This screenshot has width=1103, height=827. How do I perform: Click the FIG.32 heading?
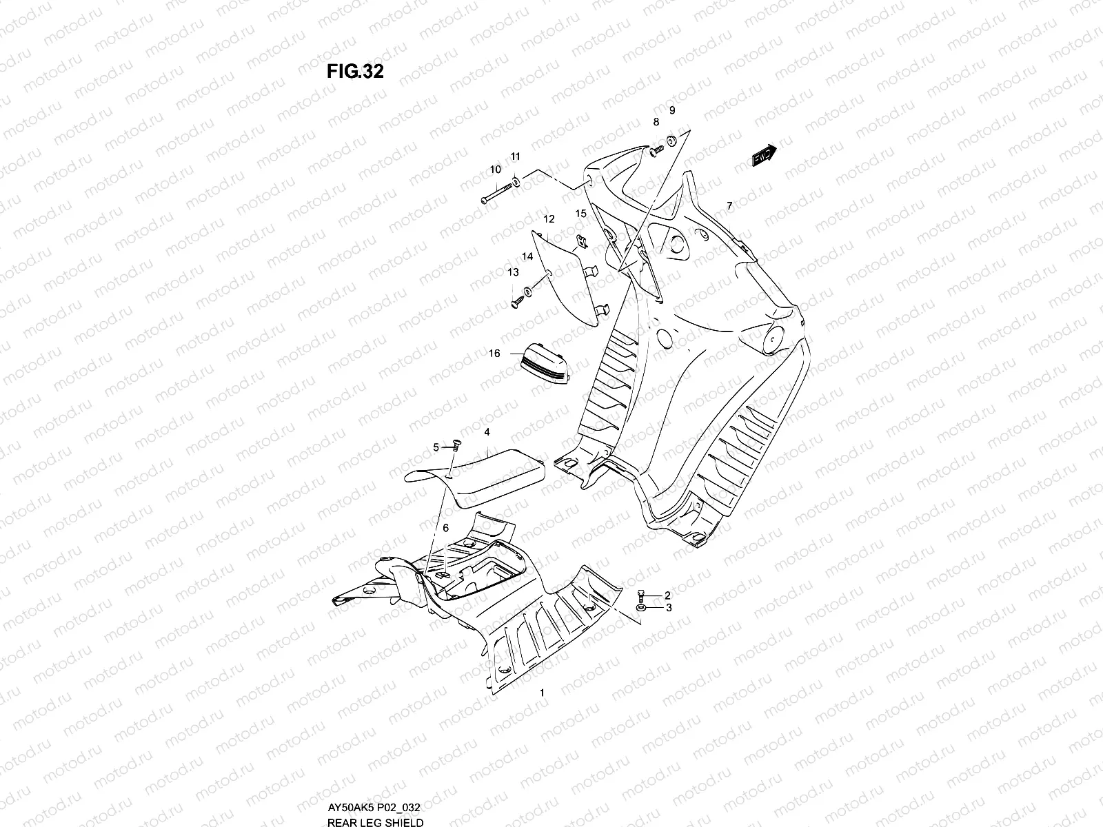pos(355,72)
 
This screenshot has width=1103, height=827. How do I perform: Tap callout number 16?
pos(494,354)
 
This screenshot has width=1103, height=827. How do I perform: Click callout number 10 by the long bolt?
pos(495,170)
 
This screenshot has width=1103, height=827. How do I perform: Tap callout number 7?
pos(729,205)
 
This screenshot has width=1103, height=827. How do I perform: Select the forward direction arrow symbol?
pos(764,156)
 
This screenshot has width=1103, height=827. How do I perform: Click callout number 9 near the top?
pos(672,110)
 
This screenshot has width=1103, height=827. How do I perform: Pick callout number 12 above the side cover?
pos(549,219)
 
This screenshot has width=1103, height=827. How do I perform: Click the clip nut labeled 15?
pos(580,241)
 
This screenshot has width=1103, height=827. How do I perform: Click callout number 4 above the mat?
pos(487,432)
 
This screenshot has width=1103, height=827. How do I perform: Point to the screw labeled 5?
pos(455,447)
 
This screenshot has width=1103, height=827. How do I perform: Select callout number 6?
pos(445,527)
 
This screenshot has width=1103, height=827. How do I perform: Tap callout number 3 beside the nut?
pos(667,608)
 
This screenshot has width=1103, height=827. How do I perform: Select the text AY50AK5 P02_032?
pos(374,806)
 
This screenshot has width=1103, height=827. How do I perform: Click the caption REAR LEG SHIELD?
pos(375,820)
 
